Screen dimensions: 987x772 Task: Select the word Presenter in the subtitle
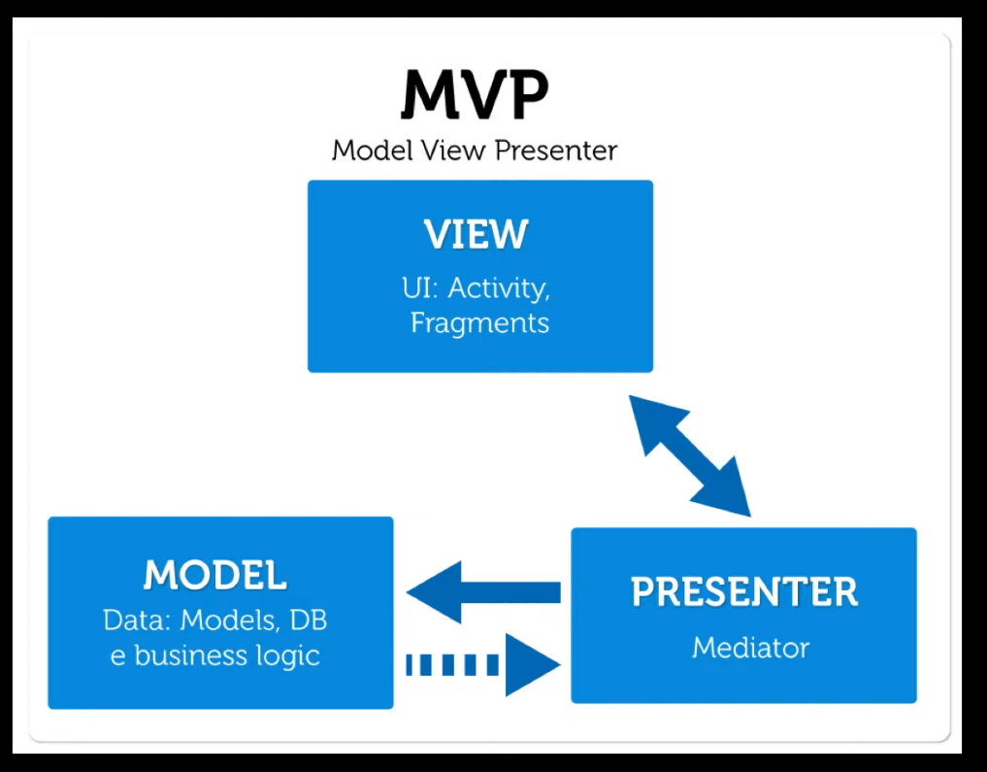556,151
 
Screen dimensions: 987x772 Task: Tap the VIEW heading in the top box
476,234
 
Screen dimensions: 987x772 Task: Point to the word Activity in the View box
499,289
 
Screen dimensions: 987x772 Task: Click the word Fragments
479,323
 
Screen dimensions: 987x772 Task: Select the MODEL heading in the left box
215,575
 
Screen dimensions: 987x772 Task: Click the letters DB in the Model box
309,621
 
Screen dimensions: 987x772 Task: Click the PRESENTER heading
744,592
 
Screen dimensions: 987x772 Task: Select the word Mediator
750,648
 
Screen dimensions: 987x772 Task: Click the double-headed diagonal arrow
690,455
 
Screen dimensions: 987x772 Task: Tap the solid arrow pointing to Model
483,592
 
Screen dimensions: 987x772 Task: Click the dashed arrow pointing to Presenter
482,665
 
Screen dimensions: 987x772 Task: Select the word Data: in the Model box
137,621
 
